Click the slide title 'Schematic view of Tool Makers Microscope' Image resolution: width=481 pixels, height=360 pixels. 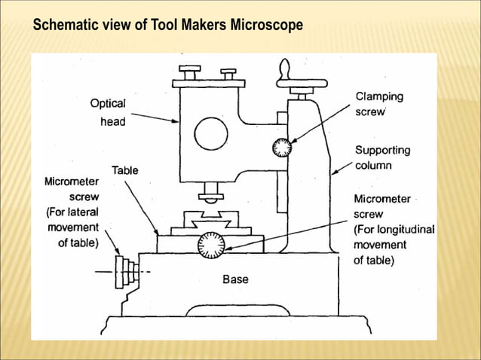[x=167, y=26]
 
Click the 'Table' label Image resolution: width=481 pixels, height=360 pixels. [x=125, y=171]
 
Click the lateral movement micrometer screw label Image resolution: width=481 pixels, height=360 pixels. [x=72, y=212]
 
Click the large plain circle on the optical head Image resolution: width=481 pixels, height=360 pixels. [x=211, y=134]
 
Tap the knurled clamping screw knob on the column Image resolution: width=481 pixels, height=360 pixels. [x=282, y=147]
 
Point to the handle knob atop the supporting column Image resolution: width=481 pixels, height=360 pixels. [x=284, y=74]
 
